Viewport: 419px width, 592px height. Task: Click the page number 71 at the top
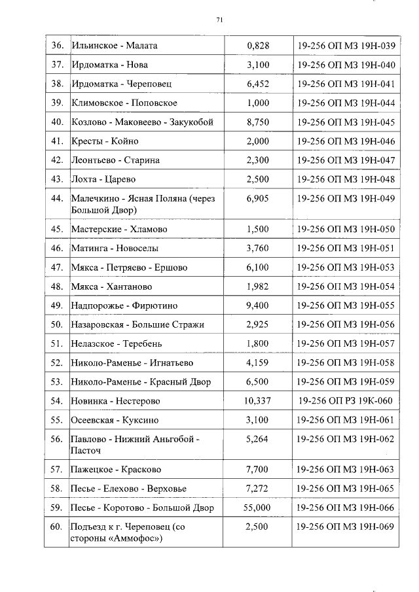pyautogui.click(x=219, y=20)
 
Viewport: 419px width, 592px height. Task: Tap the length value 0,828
pyautogui.click(x=258, y=46)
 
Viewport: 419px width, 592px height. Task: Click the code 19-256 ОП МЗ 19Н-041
pyautogui.click(x=346, y=84)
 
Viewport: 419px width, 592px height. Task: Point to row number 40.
pyautogui.click(x=57, y=122)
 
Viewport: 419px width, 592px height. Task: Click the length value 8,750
pyautogui.click(x=258, y=122)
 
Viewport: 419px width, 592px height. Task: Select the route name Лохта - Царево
pyautogui.click(x=103, y=179)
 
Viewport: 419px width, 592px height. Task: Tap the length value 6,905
pyautogui.click(x=258, y=199)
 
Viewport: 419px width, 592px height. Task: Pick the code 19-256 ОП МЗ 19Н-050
pyautogui.click(x=346, y=230)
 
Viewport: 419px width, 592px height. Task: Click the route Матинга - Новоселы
pyautogui.click(x=114, y=249)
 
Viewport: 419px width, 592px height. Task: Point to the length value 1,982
pyautogui.click(x=258, y=287)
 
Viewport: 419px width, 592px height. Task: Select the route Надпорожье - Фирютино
pyautogui.click(x=124, y=305)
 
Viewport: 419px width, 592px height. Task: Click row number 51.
pyautogui.click(x=57, y=344)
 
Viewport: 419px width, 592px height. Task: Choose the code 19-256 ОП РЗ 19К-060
pyautogui.click(x=346, y=401)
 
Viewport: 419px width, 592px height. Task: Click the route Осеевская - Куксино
pyautogui.click(x=115, y=420)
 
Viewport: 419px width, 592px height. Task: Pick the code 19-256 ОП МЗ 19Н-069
pyautogui.click(x=346, y=527)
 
